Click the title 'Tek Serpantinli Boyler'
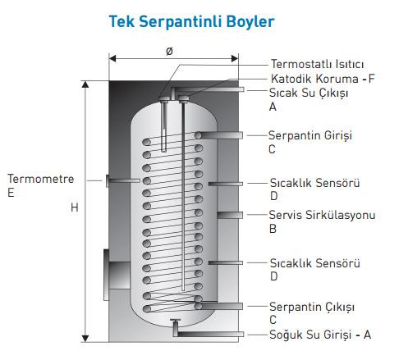191,22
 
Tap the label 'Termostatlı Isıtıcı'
318,65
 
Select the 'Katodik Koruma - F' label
323,79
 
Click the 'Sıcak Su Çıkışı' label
309,93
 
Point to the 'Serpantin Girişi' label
310,135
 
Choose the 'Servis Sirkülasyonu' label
322,215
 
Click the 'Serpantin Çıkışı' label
312,307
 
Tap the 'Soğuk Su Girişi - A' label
320,335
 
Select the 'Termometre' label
41,179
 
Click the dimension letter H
75,207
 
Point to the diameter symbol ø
169,51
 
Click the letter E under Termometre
11,193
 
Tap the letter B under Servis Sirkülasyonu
273,229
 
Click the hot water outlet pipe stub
208,89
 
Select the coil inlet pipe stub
219,135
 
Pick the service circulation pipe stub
230,215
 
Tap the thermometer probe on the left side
123,180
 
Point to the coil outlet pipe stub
219,306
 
